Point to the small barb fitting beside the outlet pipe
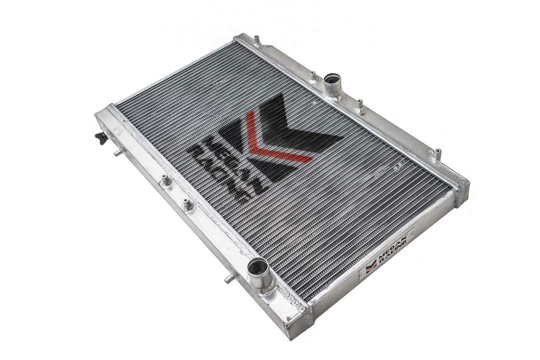[x=227, y=278]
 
